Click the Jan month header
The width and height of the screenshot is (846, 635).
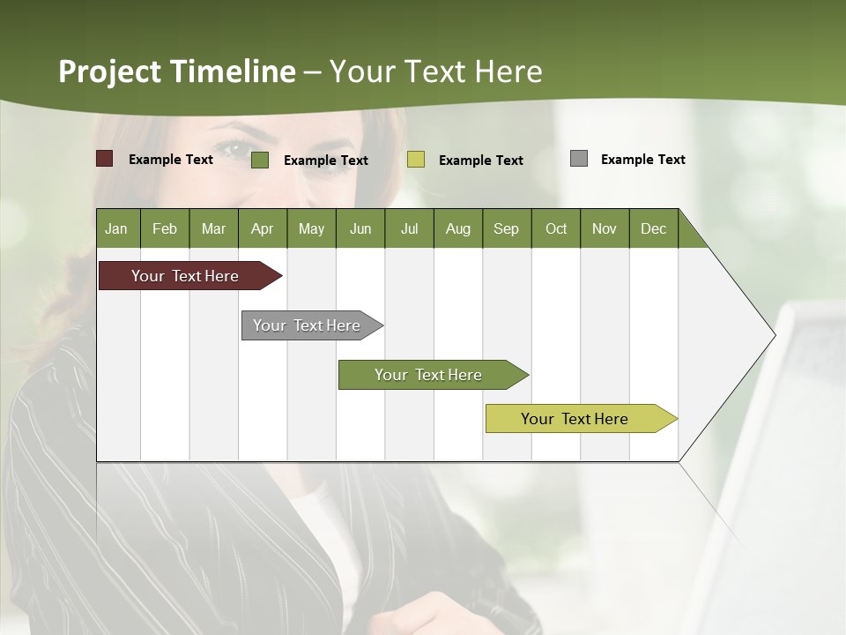pos(117,228)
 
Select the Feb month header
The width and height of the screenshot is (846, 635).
pos(165,228)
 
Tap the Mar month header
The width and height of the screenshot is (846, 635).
pos(213,228)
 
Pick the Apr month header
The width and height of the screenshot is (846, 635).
pos(263,228)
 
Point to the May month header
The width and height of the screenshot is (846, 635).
pos(311,228)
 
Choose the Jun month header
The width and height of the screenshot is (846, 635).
pos(360,228)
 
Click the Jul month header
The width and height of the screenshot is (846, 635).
pos(409,228)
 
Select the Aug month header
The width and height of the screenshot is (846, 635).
pos(458,228)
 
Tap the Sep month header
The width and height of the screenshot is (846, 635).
pos(507,228)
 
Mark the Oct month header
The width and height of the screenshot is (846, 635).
pos(556,228)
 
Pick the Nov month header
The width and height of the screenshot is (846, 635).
pos(605,228)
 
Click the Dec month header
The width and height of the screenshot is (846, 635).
pos(654,228)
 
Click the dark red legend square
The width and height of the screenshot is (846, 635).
pos(105,159)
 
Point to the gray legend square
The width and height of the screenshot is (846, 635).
pos(579,159)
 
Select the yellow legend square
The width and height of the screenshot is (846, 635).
pos(416,160)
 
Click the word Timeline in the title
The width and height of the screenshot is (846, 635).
pos(233,71)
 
